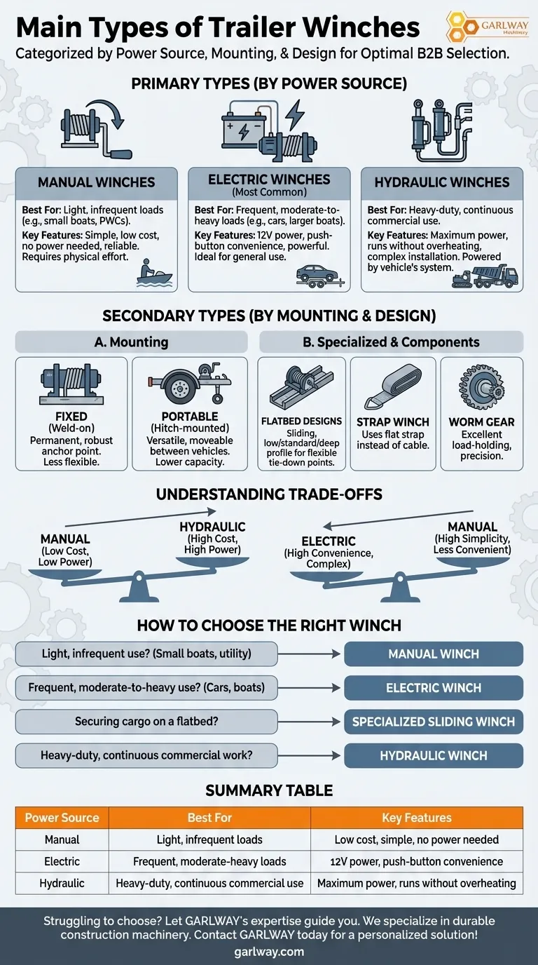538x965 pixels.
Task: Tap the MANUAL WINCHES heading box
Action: point(96,182)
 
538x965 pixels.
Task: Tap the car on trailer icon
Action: point(319,275)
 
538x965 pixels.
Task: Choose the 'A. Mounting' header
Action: point(131,342)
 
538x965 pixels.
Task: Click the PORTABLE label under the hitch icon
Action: point(190,417)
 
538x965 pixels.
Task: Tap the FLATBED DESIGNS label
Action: point(301,421)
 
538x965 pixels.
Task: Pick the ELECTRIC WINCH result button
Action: point(434,688)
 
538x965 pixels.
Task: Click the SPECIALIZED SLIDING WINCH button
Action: point(434,722)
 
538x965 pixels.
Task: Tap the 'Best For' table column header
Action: point(209,818)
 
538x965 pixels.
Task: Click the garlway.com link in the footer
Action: point(269,952)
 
